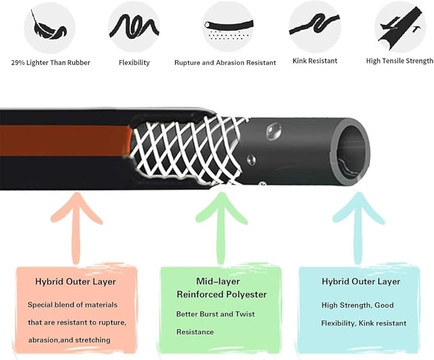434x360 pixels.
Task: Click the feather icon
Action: pyautogui.click(x=49, y=27)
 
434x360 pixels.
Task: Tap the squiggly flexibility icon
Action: pyautogui.click(x=134, y=27)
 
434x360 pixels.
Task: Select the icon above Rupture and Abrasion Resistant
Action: pyautogui.click(x=228, y=27)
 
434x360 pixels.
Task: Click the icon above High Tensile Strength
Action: pyautogui.click(x=401, y=27)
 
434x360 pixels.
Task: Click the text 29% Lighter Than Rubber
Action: pyautogui.click(x=50, y=63)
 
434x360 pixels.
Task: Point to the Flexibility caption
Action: pyautogui.click(x=134, y=63)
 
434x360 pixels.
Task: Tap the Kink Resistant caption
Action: pyautogui.click(x=315, y=61)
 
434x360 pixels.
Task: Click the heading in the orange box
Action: pyautogui.click(x=75, y=281)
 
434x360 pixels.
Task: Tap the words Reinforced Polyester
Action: pyautogui.click(x=222, y=294)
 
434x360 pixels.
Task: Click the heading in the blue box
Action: pyautogui.click(x=361, y=281)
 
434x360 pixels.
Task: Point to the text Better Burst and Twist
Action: pyautogui.click(x=215, y=314)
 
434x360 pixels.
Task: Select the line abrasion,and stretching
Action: pyautogui.click(x=69, y=340)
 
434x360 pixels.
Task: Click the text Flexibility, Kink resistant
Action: pyautogui.click(x=364, y=324)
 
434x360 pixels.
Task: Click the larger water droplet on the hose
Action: pyautogui.click(x=274, y=130)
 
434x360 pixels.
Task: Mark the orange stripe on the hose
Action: pyautogui.click(x=66, y=141)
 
